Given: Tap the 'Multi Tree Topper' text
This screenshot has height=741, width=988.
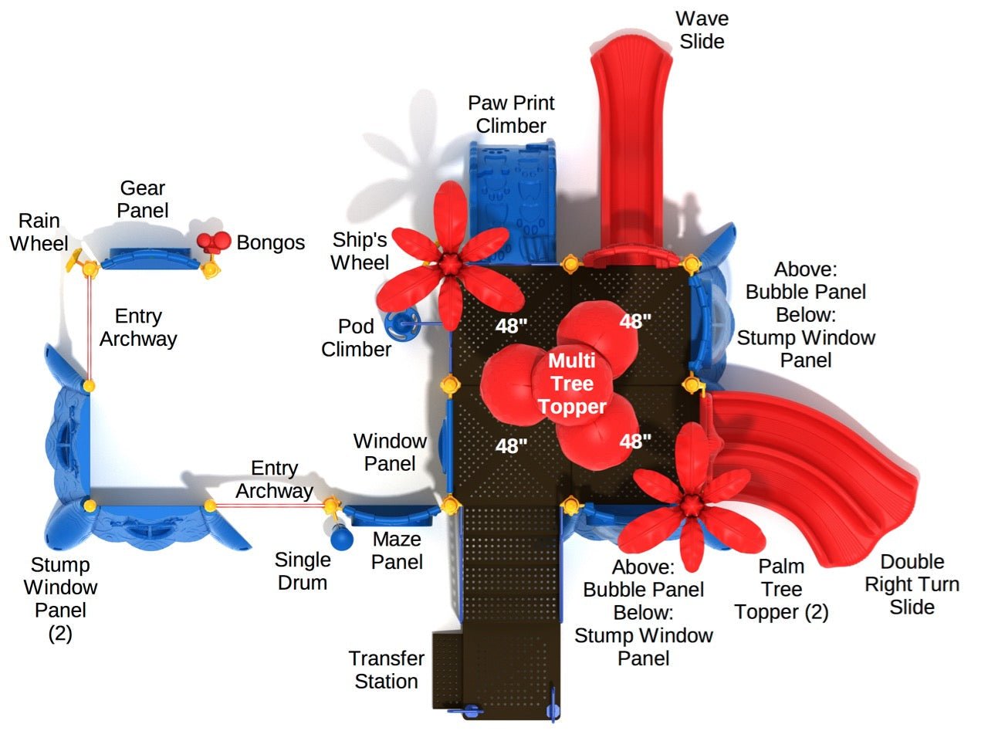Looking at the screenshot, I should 572,384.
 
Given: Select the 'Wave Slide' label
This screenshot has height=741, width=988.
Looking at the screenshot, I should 702,30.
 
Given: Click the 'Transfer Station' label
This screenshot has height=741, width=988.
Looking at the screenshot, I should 386,670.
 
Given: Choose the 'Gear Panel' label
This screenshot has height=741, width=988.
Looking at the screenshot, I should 144,199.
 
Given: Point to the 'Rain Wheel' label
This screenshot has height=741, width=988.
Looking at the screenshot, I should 39,232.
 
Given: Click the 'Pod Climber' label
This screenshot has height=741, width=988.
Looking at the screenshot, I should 356,338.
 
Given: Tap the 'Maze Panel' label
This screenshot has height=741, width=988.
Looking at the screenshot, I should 397,550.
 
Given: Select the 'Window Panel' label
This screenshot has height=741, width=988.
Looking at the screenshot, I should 390,452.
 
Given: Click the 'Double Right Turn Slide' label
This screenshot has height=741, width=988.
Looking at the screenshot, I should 912,584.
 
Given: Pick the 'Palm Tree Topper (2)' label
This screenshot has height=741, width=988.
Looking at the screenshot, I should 781,589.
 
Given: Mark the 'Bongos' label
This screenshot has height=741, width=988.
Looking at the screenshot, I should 270,242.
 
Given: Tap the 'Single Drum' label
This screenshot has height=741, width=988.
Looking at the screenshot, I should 303,571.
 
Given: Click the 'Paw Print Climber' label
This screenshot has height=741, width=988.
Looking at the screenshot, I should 511,114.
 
